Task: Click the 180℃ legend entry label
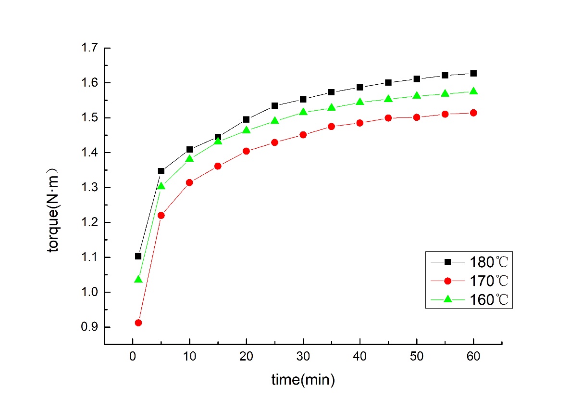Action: tap(488, 262)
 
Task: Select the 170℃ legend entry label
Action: tap(488, 281)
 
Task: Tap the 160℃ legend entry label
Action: tap(488, 299)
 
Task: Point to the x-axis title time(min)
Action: tap(303, 380)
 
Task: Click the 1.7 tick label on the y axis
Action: tap(89, 48)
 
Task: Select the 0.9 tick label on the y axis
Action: tap(89, 327)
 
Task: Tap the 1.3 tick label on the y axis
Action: tap(89, 188)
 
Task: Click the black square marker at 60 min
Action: tap(473, 73)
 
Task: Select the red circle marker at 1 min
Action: tap(138, 323)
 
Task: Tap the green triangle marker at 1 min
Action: tap(138, 279)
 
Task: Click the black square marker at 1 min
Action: tap(138, 256)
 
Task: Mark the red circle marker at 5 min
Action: tap(161, 215)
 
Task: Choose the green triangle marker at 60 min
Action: tap(473, 91)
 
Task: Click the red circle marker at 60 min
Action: tap(473, 113)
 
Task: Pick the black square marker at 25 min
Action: tap(275, 105)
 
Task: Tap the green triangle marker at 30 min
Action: tap(303, 112)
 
